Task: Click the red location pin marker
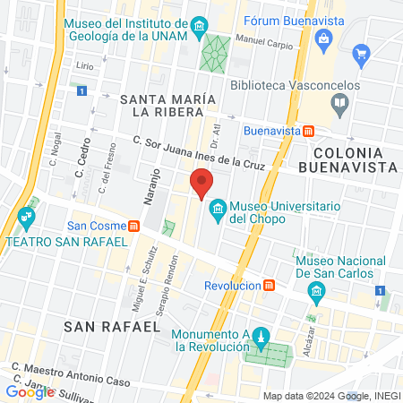pyautogui.click(x=201, y=182)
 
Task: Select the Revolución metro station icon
pyautogui.click(x=270, y=285)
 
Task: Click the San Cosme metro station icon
pyautogui.click(x=134, y=226)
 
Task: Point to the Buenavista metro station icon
pyautogui.click(x=309, y=131)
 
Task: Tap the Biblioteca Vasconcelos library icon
pyautogui.click(x=339, y=103)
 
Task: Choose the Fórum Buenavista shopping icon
pyautogui.click(x=324, y=38)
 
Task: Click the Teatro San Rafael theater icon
pyautogui.click(x=25, y=216)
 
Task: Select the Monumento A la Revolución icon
pyautogui.click(x=261, y=339)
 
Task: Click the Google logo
pyautogui.click(x=30, y=390)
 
